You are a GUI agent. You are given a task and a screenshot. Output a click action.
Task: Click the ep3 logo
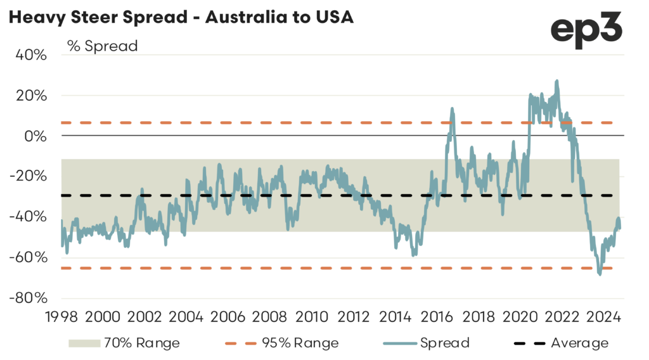(x=586, y=29)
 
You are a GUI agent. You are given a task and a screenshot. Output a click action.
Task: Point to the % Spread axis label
(x=102, y=46)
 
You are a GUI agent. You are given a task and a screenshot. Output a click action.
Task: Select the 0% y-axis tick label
(x=35, y=136)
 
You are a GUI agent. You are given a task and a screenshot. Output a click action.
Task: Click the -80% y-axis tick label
(x=28, y=298)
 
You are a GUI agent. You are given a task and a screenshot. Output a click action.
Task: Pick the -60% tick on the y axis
(x=28, y=257)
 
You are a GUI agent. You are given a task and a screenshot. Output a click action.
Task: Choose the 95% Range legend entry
(x=282, y=343)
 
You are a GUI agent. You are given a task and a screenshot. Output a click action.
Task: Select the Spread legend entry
(x=425, y=343)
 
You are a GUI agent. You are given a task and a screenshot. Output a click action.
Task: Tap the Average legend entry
(x=561, y=343)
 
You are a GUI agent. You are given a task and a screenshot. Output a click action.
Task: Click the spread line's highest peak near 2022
(x=556, y=81)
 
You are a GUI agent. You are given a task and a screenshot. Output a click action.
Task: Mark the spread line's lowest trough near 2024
(x=600, y=274)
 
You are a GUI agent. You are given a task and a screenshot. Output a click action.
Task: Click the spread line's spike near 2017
(x=453, y=108)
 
